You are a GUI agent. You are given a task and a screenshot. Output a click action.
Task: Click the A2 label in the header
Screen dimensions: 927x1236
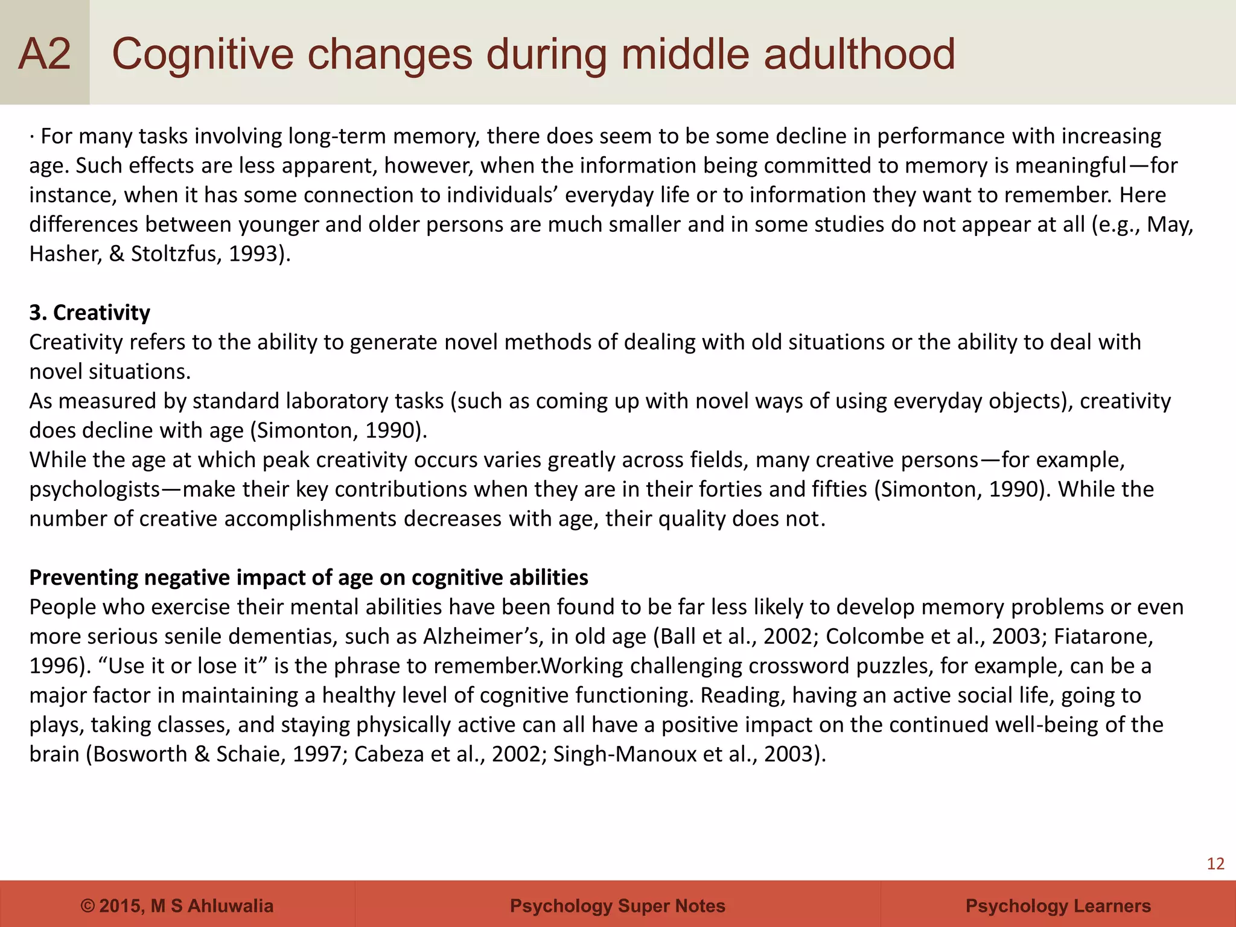[45, 54]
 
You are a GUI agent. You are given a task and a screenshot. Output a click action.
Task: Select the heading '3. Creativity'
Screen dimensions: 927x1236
[90, 313]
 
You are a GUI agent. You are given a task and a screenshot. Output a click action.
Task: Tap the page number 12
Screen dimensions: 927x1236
[1215, 864]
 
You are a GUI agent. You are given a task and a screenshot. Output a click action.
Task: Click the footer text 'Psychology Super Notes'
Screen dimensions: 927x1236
[617, 906]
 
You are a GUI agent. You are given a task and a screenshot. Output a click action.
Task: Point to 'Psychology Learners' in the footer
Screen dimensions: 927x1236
[1058, 906]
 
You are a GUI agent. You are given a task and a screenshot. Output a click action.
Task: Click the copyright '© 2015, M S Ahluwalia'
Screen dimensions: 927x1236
[177, 906]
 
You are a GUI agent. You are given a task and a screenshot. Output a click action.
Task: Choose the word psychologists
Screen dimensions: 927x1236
[94, 489]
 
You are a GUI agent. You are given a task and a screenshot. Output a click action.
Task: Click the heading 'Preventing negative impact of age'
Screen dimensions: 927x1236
[308, 578]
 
